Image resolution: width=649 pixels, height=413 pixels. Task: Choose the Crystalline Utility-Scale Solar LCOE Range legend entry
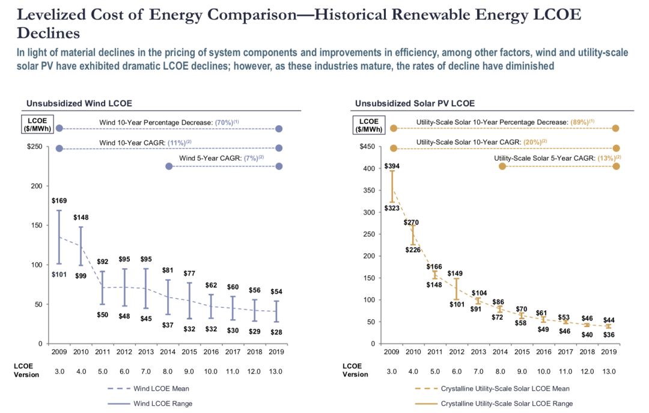coord(507,403)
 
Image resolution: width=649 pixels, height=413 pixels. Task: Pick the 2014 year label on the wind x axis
coord(168,351)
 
